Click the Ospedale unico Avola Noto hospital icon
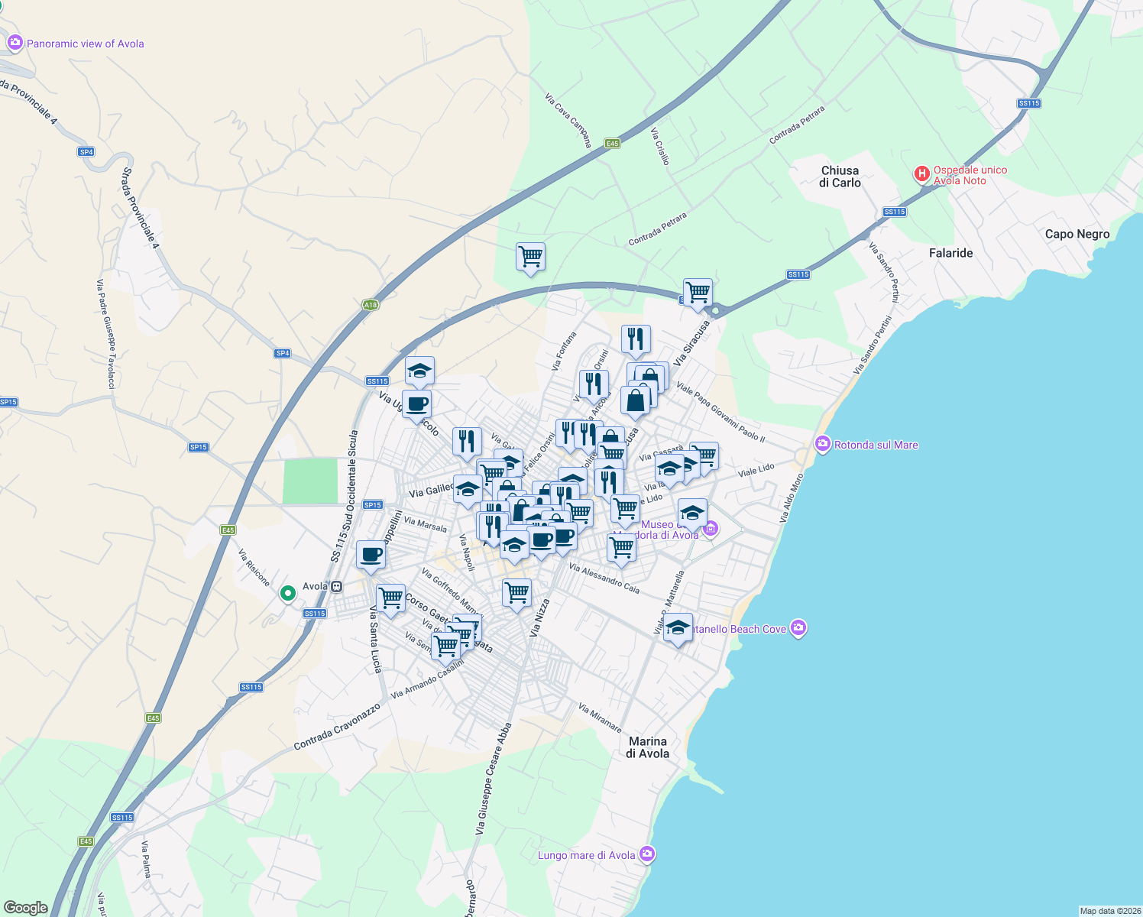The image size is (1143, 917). click(x=922, y=175)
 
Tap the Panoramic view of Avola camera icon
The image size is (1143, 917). click(x=15, y=44)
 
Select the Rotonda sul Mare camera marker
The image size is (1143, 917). click(x=823, y=444)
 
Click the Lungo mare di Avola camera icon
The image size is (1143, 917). click(x=647, y=854)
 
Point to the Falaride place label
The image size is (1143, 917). click(x=950, y=253)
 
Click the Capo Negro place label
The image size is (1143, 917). click(x=1077, y=234)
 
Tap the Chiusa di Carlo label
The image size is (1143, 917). click(x=840, y=177)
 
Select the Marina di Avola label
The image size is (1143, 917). click(x=648, y=747)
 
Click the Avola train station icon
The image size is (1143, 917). click(x=337, y=587)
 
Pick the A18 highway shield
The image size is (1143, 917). click(x=371, y=305)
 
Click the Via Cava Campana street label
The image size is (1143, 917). click(x=568, y=120)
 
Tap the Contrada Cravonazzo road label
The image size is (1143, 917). click(x=337, y=727)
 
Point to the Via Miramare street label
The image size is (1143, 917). click(x=600, y=718)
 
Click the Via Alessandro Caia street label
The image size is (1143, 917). click(x=604, y=578)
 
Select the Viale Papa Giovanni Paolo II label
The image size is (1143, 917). click(x=720, y=413)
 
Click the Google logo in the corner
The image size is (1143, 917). click(x=25, y=908)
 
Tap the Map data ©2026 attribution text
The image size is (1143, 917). click(x=1108, y=911)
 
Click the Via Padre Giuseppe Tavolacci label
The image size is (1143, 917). click(x=105, y=334)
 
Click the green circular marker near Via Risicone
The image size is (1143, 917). click(x=288, y=593)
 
